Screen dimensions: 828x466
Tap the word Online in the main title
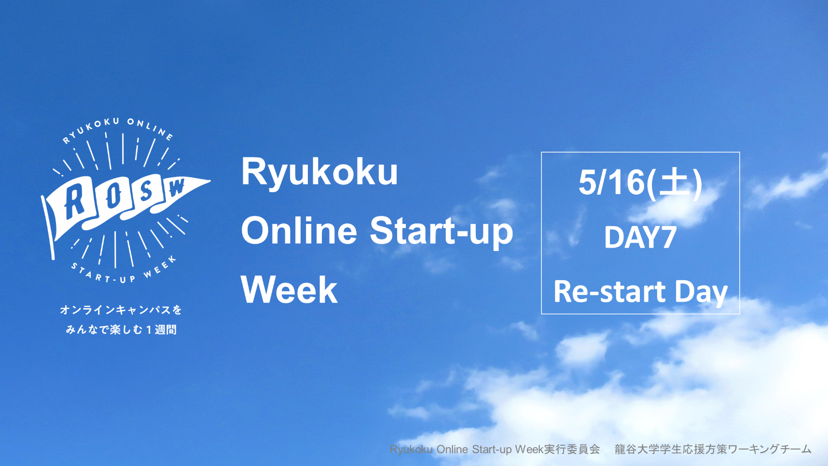pyautogui.click(x=299, y=230)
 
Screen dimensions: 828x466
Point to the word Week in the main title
pyautogui.click(x=289, y=290)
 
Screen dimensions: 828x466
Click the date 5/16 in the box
pyautogui.click(x=612, y=183)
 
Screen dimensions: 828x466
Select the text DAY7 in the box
pyautogui.click(x=640, y=237)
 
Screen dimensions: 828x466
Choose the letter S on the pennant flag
pyautogui.click(x=145, y=191)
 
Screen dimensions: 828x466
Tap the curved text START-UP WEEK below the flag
pyautogui.click(x=124, y=270)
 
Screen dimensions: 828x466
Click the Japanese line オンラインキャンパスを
pyautogui.click(x=121, y=310)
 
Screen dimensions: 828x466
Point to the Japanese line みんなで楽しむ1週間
pyautogui.click(x=121, y=329)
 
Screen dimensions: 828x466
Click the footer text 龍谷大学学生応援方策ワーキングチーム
pyautogui.click(x=713, y=449)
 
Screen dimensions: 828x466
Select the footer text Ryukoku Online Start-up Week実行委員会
pyautogui.click(x=495, y=450)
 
